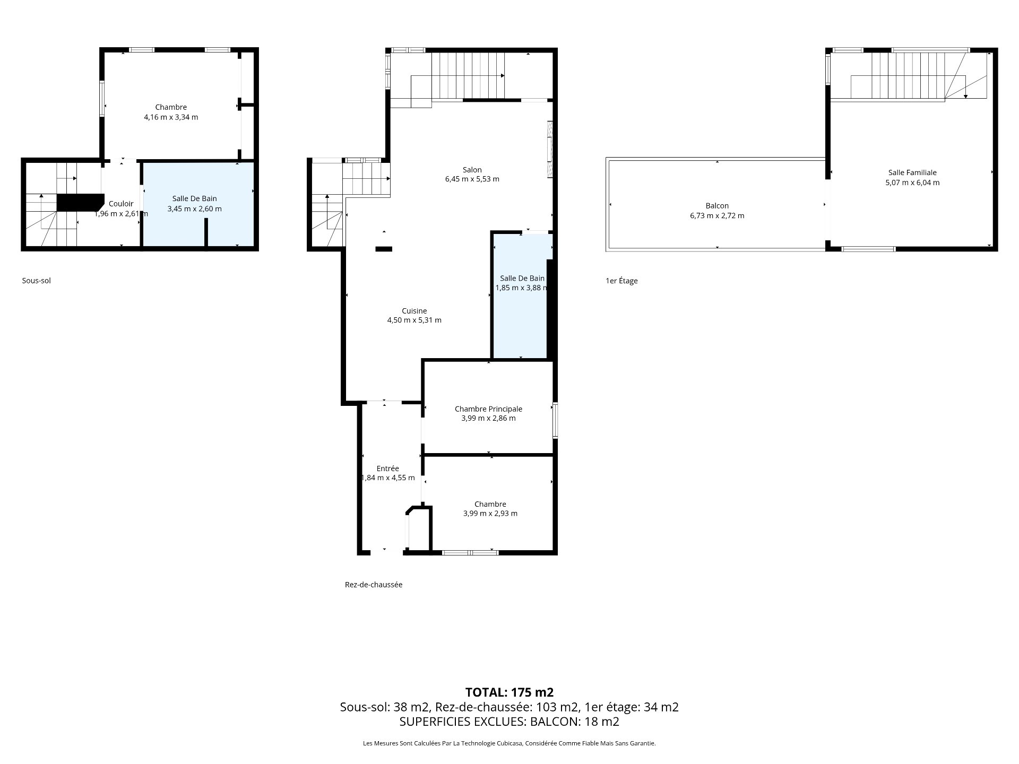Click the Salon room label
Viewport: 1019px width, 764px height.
[472, 170]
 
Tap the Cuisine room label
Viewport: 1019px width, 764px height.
[414, 311]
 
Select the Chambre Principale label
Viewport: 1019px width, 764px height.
[488, 409]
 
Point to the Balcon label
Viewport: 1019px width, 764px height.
[717, 206]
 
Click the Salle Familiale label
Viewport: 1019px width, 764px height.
[912, 172]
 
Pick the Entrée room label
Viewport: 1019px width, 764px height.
[387, 468]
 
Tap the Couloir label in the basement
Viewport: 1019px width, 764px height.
[121, 204]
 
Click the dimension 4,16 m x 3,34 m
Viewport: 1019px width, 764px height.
[171, 117]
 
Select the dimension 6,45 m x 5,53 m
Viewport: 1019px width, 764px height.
[472, 179]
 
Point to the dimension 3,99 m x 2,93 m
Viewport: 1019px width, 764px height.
[490, 514]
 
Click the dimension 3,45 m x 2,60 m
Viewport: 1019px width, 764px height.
[194, 209]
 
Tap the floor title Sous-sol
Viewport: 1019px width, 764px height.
[37, 281]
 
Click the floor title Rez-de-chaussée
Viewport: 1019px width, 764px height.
[374, 585]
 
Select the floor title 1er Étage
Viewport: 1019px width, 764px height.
[621, 281]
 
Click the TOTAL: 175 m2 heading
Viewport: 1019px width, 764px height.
[509, 692]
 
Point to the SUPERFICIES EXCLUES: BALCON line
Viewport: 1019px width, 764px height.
[509, 722]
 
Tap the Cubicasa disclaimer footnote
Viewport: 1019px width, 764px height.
[509, 743]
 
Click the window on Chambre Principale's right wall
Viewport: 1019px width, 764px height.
[555, 420]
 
